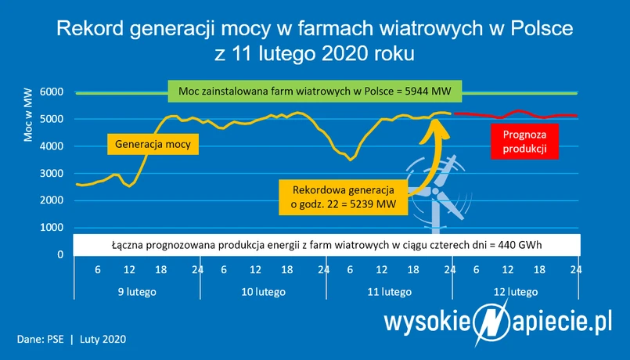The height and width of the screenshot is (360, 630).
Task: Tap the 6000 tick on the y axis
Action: coord(52,92)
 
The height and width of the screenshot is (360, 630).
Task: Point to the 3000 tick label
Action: coord(52,174)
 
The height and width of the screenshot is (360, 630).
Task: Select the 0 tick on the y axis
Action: coord(60,254)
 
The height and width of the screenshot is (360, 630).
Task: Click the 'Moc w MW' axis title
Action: coord(27,114)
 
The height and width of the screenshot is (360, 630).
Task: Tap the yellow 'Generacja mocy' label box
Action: coord(153,144)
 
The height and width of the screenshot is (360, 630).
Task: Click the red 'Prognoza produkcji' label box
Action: coord(524,142)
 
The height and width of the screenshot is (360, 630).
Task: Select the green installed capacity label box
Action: coord(315,92)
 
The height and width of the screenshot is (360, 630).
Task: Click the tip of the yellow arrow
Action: coord(437,117)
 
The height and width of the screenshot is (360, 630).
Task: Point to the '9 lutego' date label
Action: coord(137,292)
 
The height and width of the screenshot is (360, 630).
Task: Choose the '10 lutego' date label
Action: coord(263,292)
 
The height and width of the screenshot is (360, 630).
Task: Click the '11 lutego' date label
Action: coord(389,292)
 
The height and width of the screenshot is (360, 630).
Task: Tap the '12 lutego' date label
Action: coord(516,292)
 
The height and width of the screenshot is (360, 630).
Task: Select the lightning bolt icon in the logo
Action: coord(491,322)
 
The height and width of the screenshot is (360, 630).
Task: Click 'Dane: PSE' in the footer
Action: coord(40,339)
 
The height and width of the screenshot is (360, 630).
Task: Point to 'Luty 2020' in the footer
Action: coord(103,339)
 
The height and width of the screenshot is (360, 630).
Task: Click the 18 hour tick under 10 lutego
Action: coord(287,269)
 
